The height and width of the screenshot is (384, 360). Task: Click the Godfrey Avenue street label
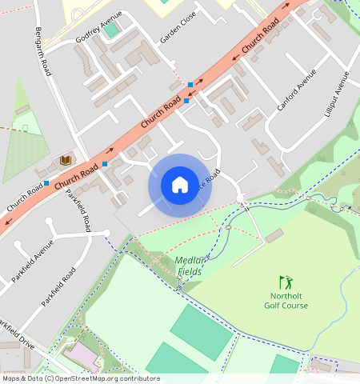coord(98,26)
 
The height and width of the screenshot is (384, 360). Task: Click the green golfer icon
coord(286,282)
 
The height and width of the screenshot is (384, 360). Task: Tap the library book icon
coord(66,161)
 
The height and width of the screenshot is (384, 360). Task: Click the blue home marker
coord(180,185)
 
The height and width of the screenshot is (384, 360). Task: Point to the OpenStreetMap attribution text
coord(80,378)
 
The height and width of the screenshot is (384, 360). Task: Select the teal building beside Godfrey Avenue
coord(112,30)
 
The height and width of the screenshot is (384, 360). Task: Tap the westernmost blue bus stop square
coord(46,183)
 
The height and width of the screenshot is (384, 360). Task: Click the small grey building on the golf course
coord(274,236)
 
